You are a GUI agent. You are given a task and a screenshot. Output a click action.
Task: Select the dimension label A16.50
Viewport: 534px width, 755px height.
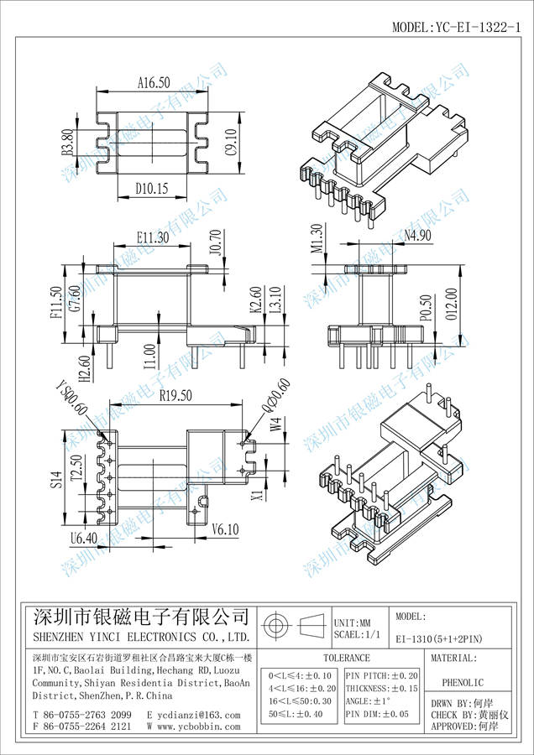click(x=153, y=83)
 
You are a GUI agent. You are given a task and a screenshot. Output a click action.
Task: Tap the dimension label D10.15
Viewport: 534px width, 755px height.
click(x=152, y=190)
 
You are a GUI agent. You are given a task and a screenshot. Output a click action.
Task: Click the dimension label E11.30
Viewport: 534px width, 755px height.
click(x=152, y=237)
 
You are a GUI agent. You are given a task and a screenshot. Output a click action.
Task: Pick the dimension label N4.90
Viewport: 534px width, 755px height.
click(x=416, y=236)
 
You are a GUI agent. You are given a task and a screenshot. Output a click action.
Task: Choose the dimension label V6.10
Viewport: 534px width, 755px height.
click(x=226, y=528)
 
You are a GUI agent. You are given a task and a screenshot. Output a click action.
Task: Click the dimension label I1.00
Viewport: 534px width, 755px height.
click(x=149, y=355)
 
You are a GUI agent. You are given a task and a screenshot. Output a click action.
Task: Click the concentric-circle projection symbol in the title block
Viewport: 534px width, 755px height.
click(x=276, y=626)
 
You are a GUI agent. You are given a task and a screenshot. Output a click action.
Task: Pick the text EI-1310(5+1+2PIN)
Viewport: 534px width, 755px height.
click(x=442, y=638)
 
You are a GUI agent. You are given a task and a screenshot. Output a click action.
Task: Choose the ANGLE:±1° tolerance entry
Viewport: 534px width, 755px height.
click(x=369, y=700)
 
